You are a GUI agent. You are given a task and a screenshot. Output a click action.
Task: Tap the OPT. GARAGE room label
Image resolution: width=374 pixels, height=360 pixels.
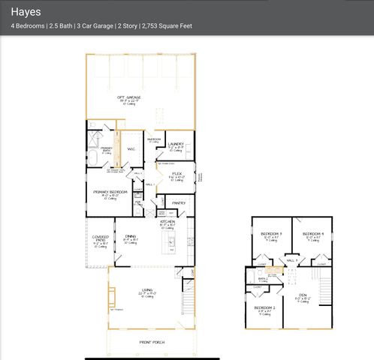[x=130, y=98]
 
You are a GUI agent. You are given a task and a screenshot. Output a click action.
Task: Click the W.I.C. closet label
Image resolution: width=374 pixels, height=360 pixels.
[x=131, y=149]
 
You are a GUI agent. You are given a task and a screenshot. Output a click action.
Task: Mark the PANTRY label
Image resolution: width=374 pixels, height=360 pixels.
[x=179, y=202]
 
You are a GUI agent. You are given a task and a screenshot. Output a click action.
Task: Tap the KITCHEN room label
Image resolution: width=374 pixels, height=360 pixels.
[x=167, y=222]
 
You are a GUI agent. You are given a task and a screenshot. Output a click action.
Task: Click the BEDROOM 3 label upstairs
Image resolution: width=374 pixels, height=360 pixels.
[x=271, y=235]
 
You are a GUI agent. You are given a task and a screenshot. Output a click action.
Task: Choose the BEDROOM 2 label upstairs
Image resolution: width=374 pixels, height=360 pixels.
[x=264, y=308]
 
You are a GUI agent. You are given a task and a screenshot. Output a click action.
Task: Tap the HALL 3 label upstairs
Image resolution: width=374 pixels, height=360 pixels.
[x=291, y=259]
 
